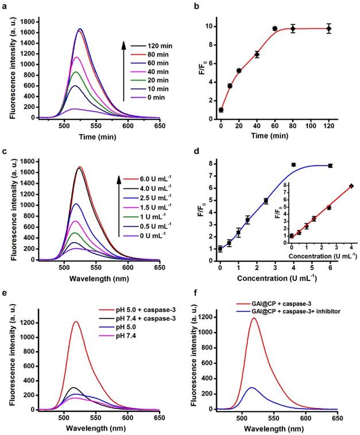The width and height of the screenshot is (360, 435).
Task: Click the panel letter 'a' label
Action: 4,5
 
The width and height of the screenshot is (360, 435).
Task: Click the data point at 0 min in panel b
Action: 221,110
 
